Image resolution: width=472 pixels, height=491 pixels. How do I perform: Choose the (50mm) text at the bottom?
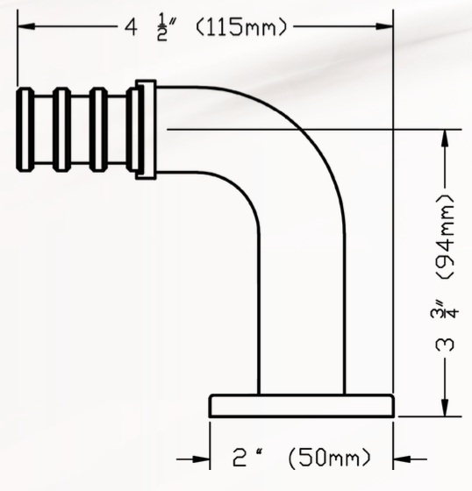click(329, 458)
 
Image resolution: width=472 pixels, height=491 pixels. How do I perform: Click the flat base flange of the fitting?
click(301, 407)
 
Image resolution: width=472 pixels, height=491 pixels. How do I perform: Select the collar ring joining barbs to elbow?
click(146, 129)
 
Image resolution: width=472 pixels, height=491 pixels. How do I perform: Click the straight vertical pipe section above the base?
click(301, 333)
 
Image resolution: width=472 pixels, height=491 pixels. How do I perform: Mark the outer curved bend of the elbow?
click(318, 140)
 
